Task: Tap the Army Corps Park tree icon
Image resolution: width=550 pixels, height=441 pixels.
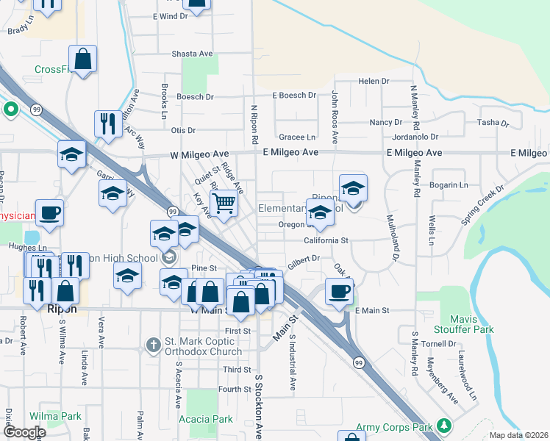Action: click(443, 426)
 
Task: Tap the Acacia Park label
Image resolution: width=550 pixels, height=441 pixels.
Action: click(206, 419)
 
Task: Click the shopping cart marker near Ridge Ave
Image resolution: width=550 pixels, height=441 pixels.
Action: click(224, 203)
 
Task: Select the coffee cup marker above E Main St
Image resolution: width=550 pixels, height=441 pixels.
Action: click(338, 291)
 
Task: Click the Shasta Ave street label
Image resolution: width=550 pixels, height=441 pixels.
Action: click(192, 54)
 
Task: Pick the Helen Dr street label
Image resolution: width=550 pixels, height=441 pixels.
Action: click(373, 81)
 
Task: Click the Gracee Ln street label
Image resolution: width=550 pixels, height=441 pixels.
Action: click(297, 137)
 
